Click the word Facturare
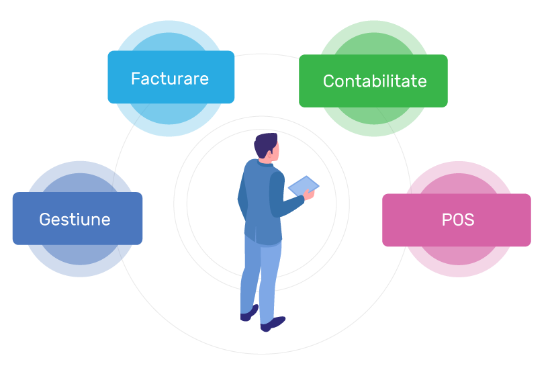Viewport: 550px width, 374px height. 170,79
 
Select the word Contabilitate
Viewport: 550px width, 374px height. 375,81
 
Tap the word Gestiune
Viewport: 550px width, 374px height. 75,220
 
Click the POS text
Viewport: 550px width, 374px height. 458,220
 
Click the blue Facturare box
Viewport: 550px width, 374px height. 171,77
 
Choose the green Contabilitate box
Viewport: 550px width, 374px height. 373,81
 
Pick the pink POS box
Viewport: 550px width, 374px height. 457,220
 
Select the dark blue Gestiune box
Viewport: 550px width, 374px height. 77,218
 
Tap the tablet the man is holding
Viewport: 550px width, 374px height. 303,185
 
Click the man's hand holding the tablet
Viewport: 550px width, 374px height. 309,194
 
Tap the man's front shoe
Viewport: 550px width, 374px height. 273,324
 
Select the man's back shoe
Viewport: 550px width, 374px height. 249,313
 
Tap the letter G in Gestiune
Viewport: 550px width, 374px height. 45,220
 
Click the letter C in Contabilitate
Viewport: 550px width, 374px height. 328,81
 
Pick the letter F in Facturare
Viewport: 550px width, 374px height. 136,79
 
